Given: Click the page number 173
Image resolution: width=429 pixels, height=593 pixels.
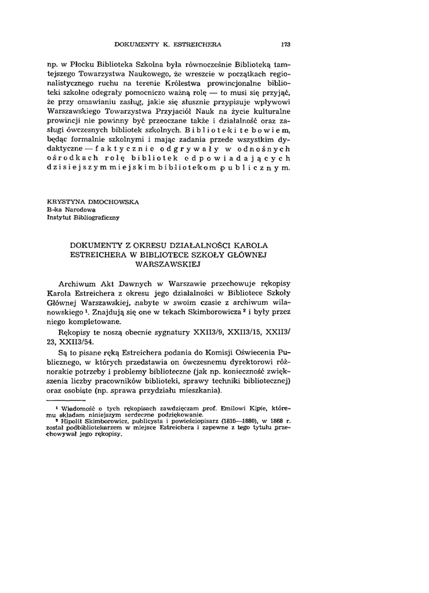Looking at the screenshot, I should click(x=285, y=43).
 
